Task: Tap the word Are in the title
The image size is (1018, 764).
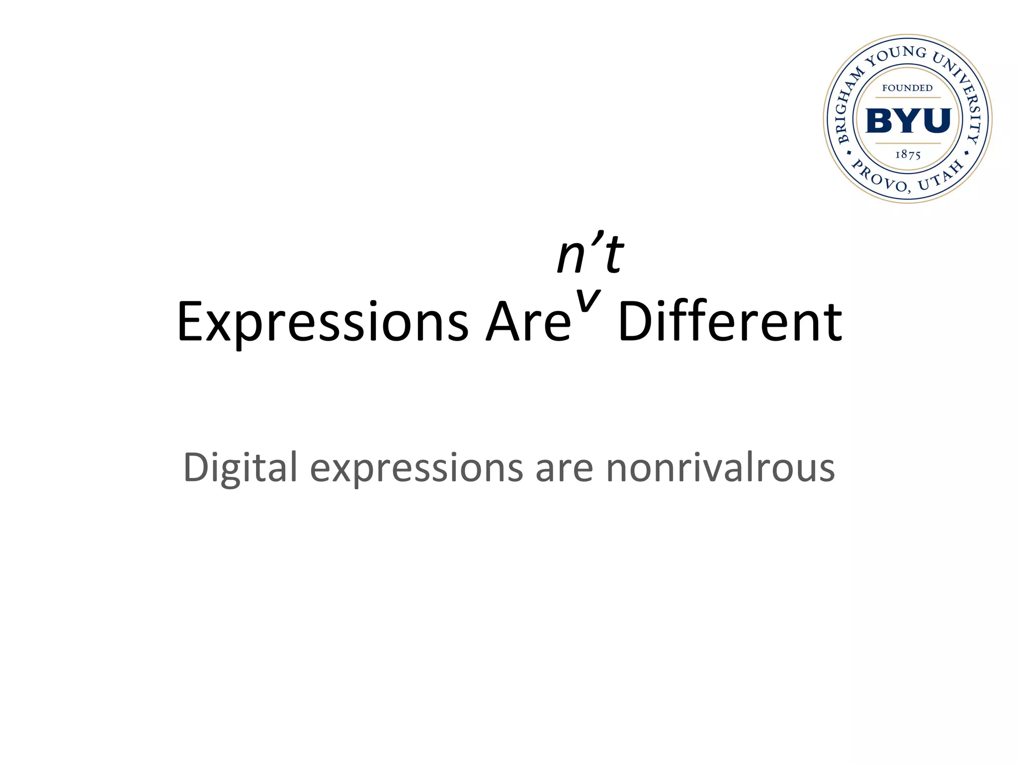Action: [x=528, y=322]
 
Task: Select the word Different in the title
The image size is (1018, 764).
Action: [x=730, y=322]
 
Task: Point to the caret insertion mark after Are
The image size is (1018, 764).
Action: [x=588, y=300]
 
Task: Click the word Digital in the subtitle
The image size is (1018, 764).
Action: [x=240, y=468]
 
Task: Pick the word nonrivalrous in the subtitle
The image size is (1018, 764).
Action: [x=720, y=468]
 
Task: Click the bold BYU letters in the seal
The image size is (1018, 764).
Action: [x=908, y=120]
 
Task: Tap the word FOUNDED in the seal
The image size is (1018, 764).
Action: [x=908, y=88]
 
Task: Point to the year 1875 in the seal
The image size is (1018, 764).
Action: [x=908, y=155]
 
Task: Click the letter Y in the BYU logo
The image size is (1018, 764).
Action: [x=908, y=120]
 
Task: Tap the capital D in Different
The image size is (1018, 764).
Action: [x=634, y=322]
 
